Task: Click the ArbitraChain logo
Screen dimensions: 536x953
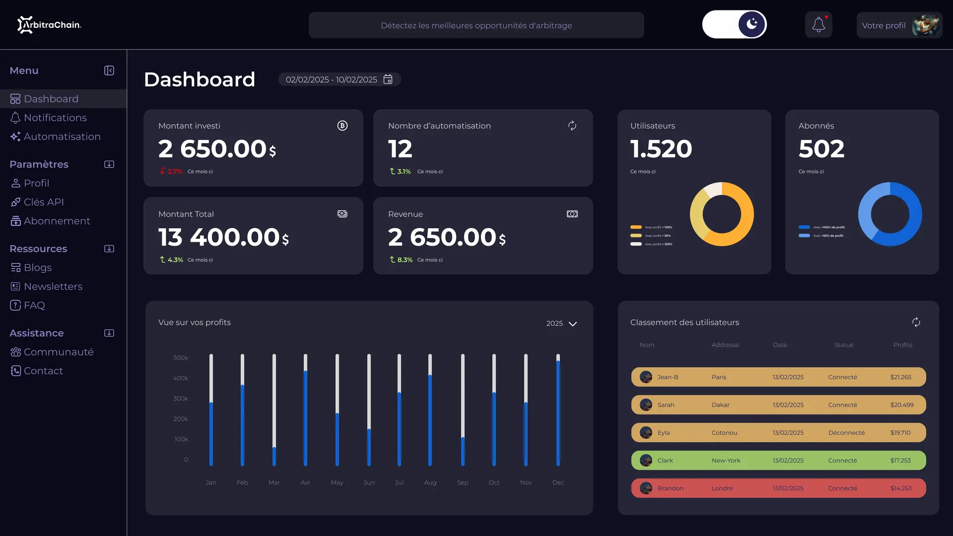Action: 49,25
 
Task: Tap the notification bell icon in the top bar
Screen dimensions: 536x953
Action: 818,25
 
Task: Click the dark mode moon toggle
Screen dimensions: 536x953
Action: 751,24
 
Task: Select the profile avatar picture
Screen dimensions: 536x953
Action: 925,25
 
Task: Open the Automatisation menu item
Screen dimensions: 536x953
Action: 62,136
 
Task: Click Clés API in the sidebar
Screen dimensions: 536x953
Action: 44,202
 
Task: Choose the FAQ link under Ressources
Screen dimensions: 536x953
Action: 34,305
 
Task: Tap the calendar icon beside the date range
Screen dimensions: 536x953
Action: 388,79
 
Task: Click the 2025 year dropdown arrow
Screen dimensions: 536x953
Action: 573,324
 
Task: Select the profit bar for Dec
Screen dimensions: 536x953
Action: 558,412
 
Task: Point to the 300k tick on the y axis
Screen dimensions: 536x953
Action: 181,399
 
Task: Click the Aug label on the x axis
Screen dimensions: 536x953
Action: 430,482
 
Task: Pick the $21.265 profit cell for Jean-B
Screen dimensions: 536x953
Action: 900,377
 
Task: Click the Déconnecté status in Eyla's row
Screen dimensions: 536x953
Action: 846,433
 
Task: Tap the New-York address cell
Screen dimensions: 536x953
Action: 726,461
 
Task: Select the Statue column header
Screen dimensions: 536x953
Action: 843,345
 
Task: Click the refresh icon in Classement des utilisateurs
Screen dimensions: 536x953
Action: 916,322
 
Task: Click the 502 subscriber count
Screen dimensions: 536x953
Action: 821,149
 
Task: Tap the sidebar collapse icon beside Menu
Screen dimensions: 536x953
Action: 109,70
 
